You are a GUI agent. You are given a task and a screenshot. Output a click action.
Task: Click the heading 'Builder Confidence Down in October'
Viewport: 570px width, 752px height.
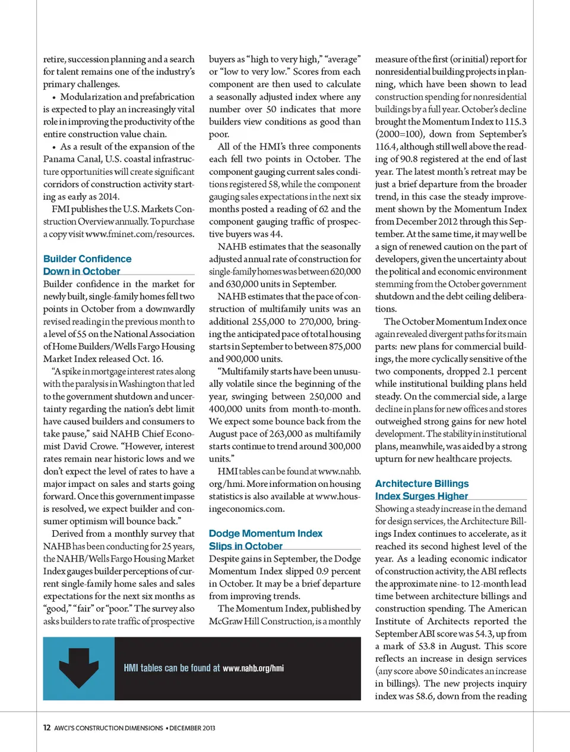pos(87,265)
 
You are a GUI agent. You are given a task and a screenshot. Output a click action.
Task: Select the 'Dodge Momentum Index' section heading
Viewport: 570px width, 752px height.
pos(265,534)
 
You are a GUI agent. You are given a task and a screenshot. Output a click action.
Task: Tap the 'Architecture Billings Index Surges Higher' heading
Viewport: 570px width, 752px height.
pos(422,490)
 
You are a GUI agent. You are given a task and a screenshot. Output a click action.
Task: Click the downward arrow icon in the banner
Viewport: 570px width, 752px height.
pos(78,667)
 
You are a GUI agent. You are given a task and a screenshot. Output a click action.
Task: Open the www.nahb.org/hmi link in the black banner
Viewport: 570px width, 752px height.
pos(253,668)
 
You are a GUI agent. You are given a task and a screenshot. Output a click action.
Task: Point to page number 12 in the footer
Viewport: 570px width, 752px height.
pos(47,728)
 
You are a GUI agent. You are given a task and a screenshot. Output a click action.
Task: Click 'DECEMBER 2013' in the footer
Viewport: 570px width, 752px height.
pos(192,728)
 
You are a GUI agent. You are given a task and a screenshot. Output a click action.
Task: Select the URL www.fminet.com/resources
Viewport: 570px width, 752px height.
pos(139,234)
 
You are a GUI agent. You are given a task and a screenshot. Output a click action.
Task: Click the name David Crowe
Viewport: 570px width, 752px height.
pos(77,446)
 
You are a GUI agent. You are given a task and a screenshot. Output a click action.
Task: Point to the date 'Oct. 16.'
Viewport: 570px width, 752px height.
pos(148,359)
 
